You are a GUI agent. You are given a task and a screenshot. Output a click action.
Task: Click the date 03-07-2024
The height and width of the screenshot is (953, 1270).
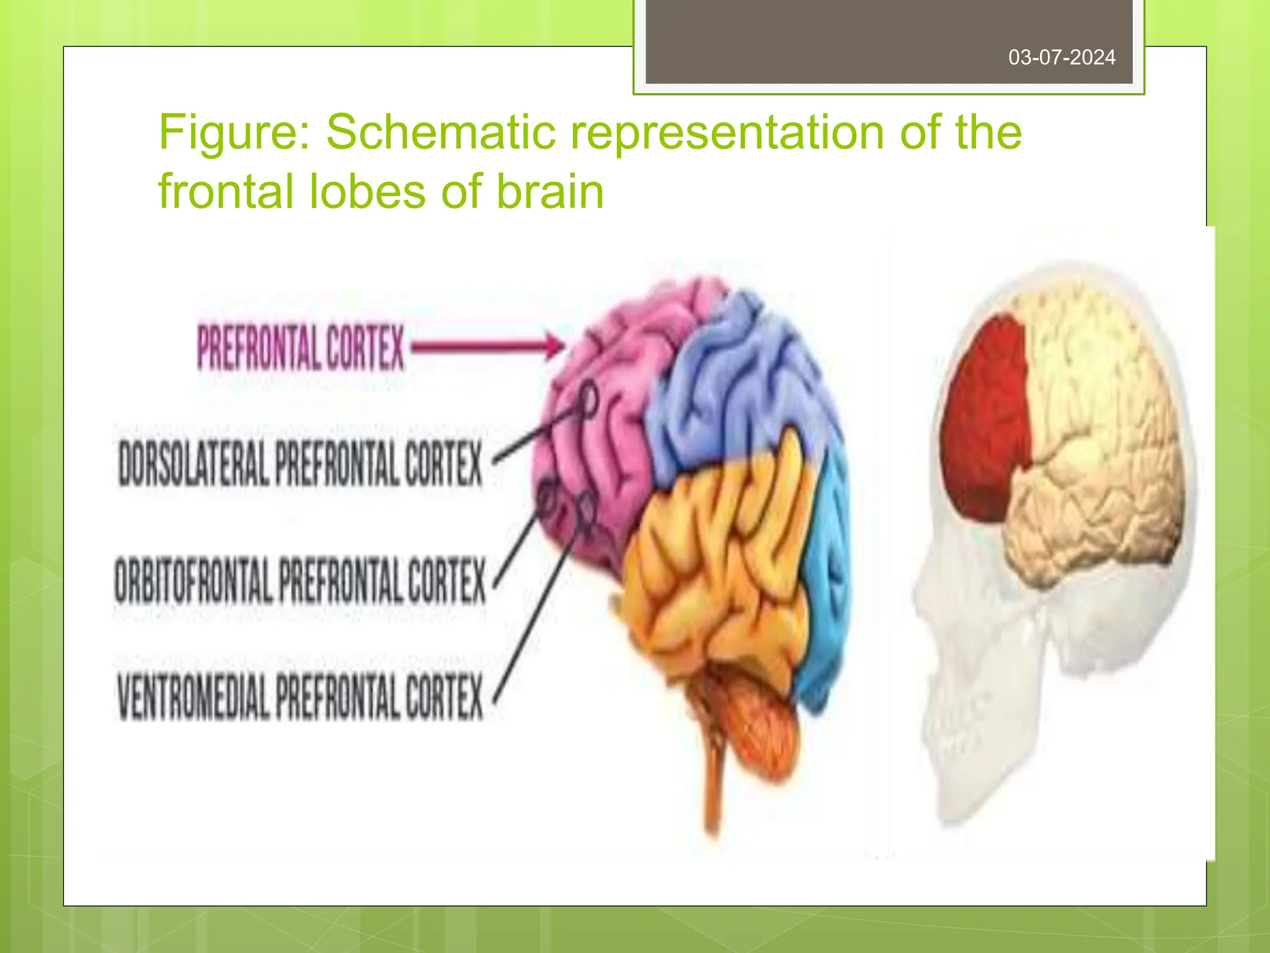[x=1062, y=58]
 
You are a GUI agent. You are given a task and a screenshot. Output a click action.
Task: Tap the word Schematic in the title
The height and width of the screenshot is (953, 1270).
[x=441, y=132]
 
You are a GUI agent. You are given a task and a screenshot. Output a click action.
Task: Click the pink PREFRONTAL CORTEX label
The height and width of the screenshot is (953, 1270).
[x=301, y=347]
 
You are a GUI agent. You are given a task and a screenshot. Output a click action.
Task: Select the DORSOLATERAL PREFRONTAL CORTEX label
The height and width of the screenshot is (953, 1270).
[x=300, y=463]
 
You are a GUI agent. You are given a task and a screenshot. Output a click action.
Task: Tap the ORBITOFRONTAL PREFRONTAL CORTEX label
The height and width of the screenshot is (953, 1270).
[x=300, y=580]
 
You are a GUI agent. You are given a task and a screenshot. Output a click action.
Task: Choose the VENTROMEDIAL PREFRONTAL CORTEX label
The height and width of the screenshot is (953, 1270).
[x=300, y=696]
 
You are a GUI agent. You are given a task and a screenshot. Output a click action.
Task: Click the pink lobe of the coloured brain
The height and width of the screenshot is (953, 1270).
[x=595, y=434]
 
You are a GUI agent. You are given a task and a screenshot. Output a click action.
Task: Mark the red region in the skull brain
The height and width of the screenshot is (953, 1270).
[x=986, y=422]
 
